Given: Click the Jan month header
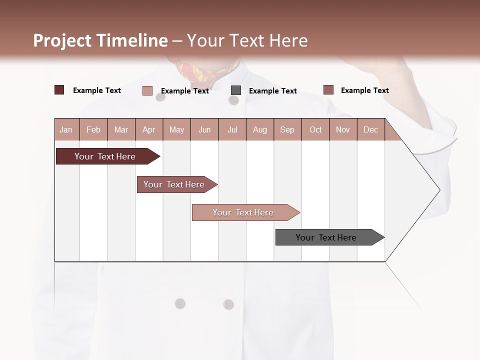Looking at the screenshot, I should tap(66, 129).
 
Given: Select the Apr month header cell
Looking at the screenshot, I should tap(148, 129).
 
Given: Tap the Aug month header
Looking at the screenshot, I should tap(259, 129).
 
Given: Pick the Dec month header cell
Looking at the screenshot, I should tap(370, 129).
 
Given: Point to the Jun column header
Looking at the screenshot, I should tap(204, 129).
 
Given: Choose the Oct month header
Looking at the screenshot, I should tap(315, 129).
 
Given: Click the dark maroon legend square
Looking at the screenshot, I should tap(59, 90).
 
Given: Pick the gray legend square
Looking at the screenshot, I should tap(236, 90).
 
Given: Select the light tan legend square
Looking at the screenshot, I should tap(147, 90).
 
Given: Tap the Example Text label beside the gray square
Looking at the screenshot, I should tap(272, 90).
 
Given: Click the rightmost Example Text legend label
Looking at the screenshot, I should tap(364, 90).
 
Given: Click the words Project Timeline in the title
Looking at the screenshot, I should tap(100, 40).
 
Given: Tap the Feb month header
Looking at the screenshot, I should tap(93, 129).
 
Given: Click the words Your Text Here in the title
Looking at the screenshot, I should tap(247, 40).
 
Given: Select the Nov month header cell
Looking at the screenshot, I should tap(343, 129).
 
